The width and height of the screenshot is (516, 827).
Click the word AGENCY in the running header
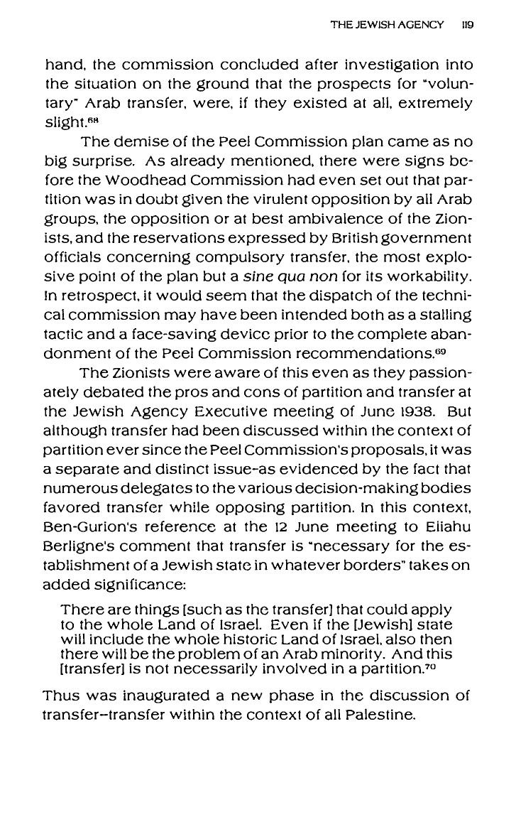[x=419, y=24]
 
